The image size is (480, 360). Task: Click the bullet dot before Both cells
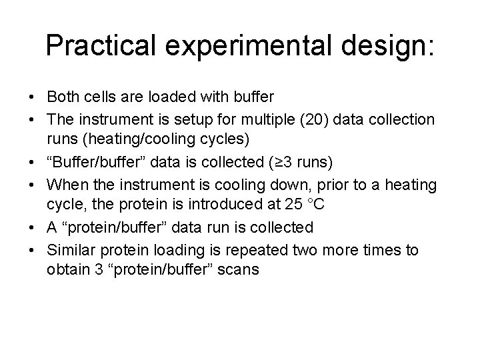(x=33, y=97)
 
